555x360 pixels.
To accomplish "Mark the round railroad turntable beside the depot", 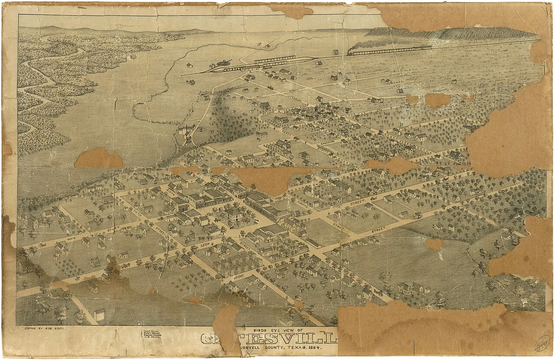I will coord(225,64).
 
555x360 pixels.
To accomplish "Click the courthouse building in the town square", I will coord(235,215).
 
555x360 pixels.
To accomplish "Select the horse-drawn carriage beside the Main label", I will coord(43,245).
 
